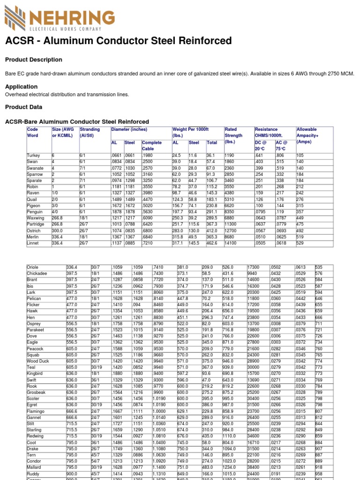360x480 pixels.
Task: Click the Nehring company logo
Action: [x=60, y=18]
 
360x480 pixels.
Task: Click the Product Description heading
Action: [x=33, y=60]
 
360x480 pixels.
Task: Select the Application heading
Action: [x=21, y=86]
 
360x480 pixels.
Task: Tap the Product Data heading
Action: [x=23, y=107]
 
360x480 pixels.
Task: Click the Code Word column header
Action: [x=33, y=132]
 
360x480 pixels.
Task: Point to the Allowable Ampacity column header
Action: [x=307, y=135]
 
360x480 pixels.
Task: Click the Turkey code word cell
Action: [x=33, y=156]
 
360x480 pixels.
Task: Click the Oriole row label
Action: [x=33, y=267]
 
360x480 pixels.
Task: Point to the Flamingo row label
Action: [x=36, y=411]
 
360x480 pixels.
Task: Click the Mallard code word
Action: [x=35, y=467]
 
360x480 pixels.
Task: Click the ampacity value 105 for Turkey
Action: [x=300, y=156]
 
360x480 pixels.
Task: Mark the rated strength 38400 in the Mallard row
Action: [x=253, y=467]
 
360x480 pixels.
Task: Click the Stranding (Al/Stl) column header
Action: [x=90, y=132]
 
